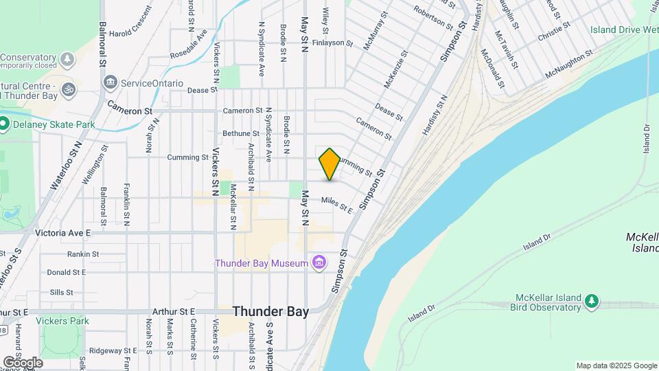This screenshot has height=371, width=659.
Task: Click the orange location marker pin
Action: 329,164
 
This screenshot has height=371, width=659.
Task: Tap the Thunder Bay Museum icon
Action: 319,262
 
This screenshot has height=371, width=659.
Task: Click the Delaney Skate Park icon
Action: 4,124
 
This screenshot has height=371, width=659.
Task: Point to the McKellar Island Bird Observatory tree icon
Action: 591,300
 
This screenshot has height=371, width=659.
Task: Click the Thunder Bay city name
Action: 270,311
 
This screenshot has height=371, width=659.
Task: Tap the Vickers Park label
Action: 65,320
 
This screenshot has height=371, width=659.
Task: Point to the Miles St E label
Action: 337,204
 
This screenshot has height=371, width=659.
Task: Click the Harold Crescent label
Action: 130,32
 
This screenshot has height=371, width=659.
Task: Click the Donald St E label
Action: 67,272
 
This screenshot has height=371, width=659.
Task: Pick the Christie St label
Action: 555,32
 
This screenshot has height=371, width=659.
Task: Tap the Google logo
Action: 23,362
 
